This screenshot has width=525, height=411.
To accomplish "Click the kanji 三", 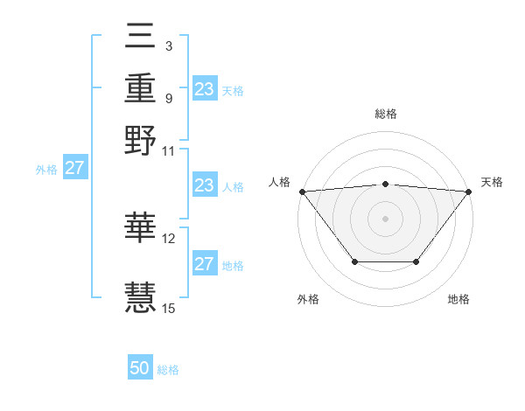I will point(141,37).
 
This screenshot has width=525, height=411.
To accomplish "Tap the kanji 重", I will point(141,87).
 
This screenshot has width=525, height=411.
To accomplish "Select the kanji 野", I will point(141,140).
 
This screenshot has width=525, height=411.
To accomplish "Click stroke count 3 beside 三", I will point(168,45).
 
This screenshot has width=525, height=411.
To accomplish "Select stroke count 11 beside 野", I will point(169,150).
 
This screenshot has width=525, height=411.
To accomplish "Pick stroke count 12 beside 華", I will point(169,238).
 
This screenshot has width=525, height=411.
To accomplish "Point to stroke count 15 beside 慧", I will point(169,307).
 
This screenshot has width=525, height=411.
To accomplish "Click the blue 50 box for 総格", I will point(140,368).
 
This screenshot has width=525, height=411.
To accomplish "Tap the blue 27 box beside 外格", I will point(74,169).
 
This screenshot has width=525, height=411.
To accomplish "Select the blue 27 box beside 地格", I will point(205,265).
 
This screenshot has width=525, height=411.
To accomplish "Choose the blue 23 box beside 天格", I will point(205,89).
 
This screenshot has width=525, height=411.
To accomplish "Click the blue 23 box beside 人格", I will point(205,186).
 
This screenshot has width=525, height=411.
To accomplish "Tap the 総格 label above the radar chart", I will point(385,114).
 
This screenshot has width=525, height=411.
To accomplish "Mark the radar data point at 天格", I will point(469,192).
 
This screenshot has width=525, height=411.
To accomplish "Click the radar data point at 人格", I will point(302,192).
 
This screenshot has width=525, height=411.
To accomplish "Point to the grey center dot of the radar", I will point(385,218).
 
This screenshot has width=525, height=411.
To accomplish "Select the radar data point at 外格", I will point(353,261).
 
